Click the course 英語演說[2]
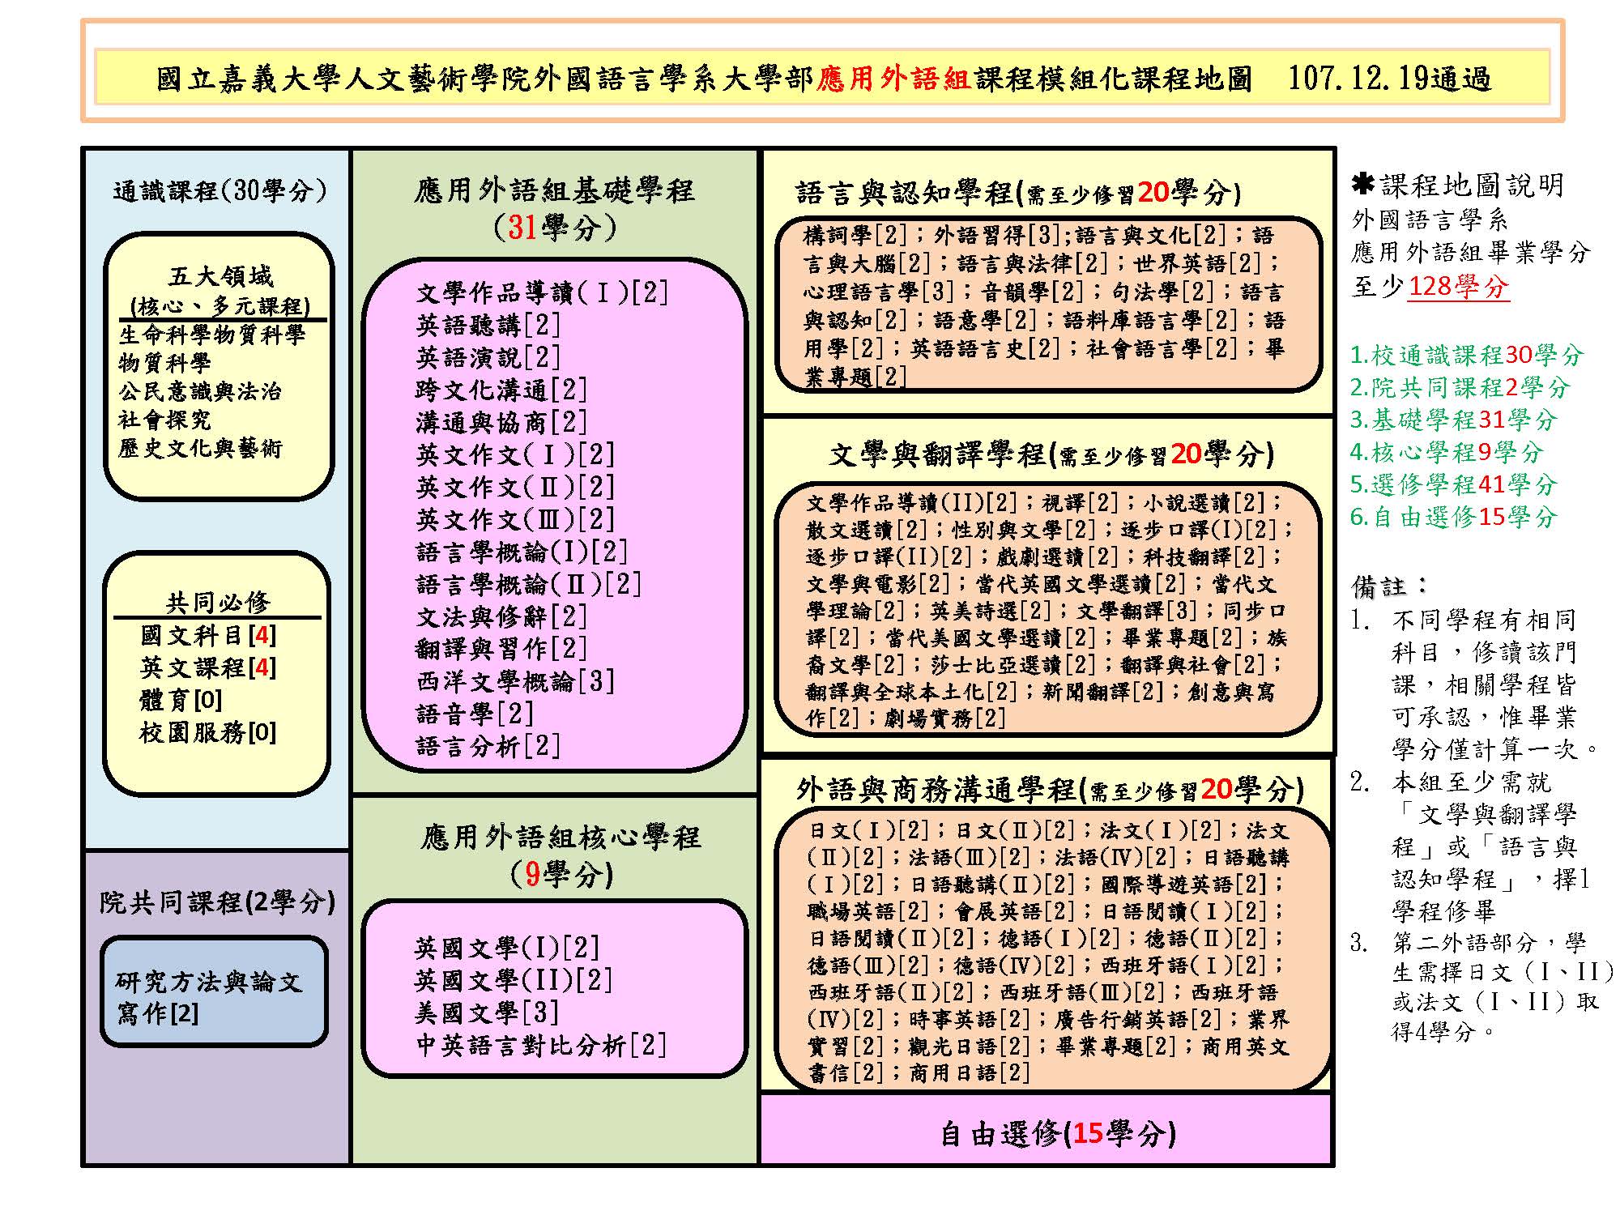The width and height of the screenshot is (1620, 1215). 488,357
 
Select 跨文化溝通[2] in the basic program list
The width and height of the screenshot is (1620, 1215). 501,390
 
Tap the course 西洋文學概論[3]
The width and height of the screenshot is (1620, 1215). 514,681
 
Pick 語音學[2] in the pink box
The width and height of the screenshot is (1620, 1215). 475,714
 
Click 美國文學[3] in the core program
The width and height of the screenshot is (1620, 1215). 487,1013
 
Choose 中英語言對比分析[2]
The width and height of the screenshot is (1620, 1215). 540,1045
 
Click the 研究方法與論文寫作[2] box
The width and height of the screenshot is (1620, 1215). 214,991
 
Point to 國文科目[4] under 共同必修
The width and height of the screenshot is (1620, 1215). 208,635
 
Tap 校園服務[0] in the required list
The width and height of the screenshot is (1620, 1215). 208,732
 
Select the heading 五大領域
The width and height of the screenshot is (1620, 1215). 220,277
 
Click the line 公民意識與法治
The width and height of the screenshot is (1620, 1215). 200,391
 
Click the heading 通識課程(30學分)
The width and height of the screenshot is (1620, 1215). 220,190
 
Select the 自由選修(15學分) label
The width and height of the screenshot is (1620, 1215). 1058,1133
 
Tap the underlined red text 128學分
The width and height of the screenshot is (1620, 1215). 1459,286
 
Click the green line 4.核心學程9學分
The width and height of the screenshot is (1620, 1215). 1447,452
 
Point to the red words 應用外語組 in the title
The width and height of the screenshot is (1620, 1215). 893,79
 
